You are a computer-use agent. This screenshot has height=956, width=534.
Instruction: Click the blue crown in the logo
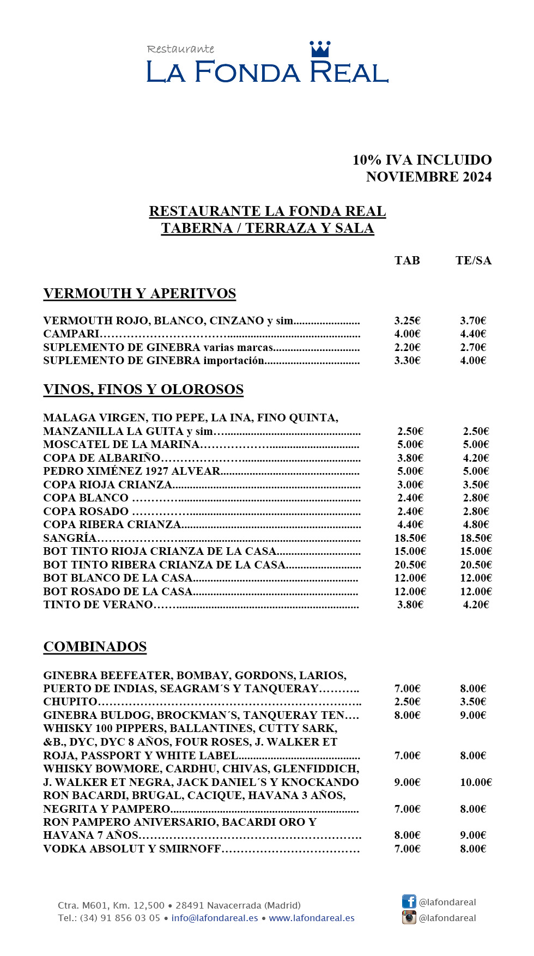pos(320,49)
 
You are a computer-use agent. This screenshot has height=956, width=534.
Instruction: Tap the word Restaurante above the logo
pos(180,49)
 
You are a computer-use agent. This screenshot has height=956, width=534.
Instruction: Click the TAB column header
pos(407,261)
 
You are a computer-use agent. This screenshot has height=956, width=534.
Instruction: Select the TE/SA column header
pos(473,261)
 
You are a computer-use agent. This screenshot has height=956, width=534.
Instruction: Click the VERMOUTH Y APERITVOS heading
pos(139,294)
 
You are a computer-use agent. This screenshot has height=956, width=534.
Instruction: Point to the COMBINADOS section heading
pos(95,647)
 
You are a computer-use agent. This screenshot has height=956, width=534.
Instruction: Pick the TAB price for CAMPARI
pos(407,334)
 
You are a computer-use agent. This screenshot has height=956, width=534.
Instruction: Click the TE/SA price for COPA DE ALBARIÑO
pos(476,458)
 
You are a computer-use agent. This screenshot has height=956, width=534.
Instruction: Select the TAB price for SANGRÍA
pos(410,538)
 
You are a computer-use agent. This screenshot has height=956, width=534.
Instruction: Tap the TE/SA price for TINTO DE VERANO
pos(476,604)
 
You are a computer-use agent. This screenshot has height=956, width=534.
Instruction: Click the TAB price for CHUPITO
pos(407,701)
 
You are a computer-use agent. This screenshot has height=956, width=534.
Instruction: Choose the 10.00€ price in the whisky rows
pos(476,782)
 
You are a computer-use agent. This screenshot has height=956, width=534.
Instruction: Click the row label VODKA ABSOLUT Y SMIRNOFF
pos(132,849)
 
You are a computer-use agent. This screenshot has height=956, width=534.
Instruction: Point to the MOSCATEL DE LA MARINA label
pos(121,444)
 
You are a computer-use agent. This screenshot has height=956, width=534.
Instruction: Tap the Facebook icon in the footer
pos(409,901)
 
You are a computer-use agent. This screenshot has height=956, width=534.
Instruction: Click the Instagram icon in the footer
pos(409,917)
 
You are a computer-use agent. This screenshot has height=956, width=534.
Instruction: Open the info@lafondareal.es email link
pos(215,918)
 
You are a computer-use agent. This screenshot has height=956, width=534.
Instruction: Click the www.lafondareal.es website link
pos(312,918)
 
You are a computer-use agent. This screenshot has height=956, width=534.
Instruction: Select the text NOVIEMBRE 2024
pos(429,177)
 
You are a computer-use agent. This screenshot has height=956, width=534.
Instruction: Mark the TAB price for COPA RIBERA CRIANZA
pos(410,524)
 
